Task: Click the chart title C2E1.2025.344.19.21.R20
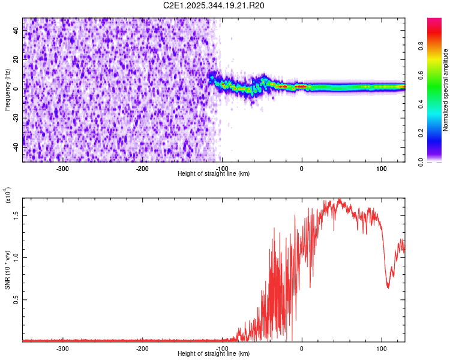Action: pos(214,5)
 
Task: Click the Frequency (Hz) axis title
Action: pos(8,89)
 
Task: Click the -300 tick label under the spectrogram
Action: pos(62,169)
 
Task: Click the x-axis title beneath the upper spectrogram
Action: pos(214,173)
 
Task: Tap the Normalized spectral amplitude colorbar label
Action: pos(446,90)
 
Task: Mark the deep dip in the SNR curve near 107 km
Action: pos(388,287)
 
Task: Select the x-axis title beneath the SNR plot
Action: pos(214,353)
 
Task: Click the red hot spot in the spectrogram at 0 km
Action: pos(302,86)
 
